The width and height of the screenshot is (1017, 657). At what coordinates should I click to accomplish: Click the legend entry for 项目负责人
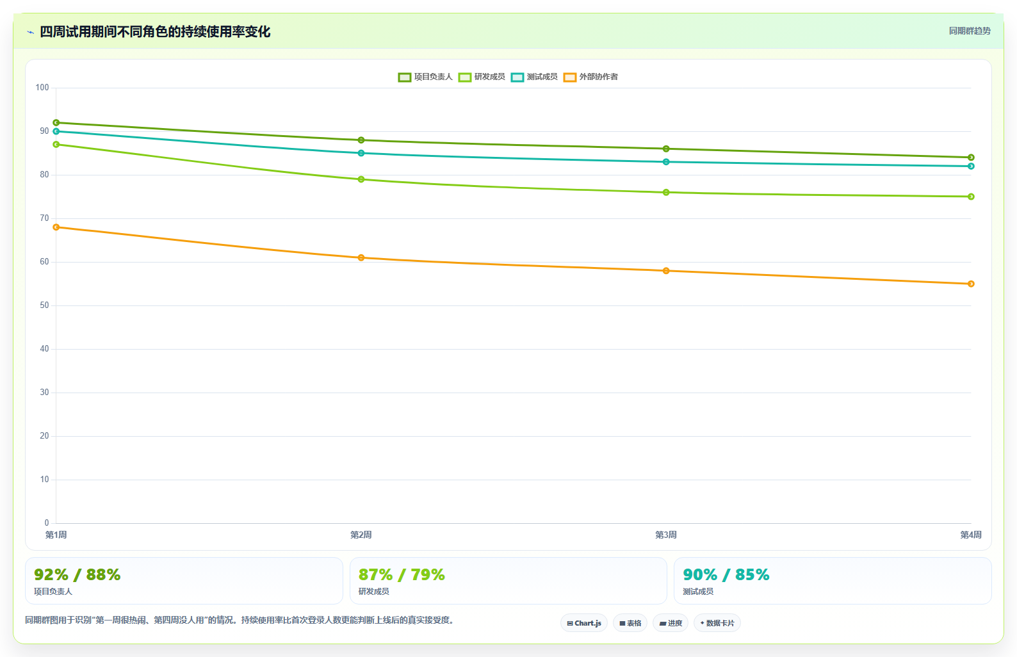[425, 77]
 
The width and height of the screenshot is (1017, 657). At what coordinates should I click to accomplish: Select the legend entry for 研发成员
[482, 77]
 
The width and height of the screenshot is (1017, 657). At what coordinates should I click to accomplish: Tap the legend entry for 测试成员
[534, 77]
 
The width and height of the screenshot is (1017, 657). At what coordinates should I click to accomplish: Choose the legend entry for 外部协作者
[590, 77]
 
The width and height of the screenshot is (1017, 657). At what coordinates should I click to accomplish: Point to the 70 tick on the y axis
[44, 218]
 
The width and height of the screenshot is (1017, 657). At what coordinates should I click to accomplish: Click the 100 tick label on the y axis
[42, 88]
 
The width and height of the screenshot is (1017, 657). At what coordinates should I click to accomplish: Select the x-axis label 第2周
[361, 535]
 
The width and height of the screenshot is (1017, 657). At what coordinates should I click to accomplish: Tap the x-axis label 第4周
[971, 535]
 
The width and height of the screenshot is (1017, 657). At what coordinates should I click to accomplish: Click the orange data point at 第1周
[56, 227]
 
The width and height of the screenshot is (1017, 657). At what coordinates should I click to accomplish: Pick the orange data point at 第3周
[666, 271]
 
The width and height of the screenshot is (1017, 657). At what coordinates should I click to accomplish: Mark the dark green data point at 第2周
[361, 140]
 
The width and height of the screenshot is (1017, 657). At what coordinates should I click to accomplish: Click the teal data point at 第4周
[971, 166]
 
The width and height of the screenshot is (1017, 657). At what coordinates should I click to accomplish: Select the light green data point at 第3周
[666, 193]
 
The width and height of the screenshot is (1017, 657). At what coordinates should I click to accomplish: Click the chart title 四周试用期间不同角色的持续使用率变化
[155, 32]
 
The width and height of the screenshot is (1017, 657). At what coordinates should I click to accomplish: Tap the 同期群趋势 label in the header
[970, 31]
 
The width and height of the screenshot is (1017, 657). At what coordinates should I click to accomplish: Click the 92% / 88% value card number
[77, 575]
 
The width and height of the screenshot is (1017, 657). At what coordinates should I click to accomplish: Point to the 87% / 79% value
[402, 575]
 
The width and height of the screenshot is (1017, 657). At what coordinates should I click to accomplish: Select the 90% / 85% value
[726, 575]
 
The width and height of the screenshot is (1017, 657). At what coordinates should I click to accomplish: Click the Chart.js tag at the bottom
[584, 623]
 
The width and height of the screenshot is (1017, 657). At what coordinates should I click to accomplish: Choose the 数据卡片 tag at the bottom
[717, 623]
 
